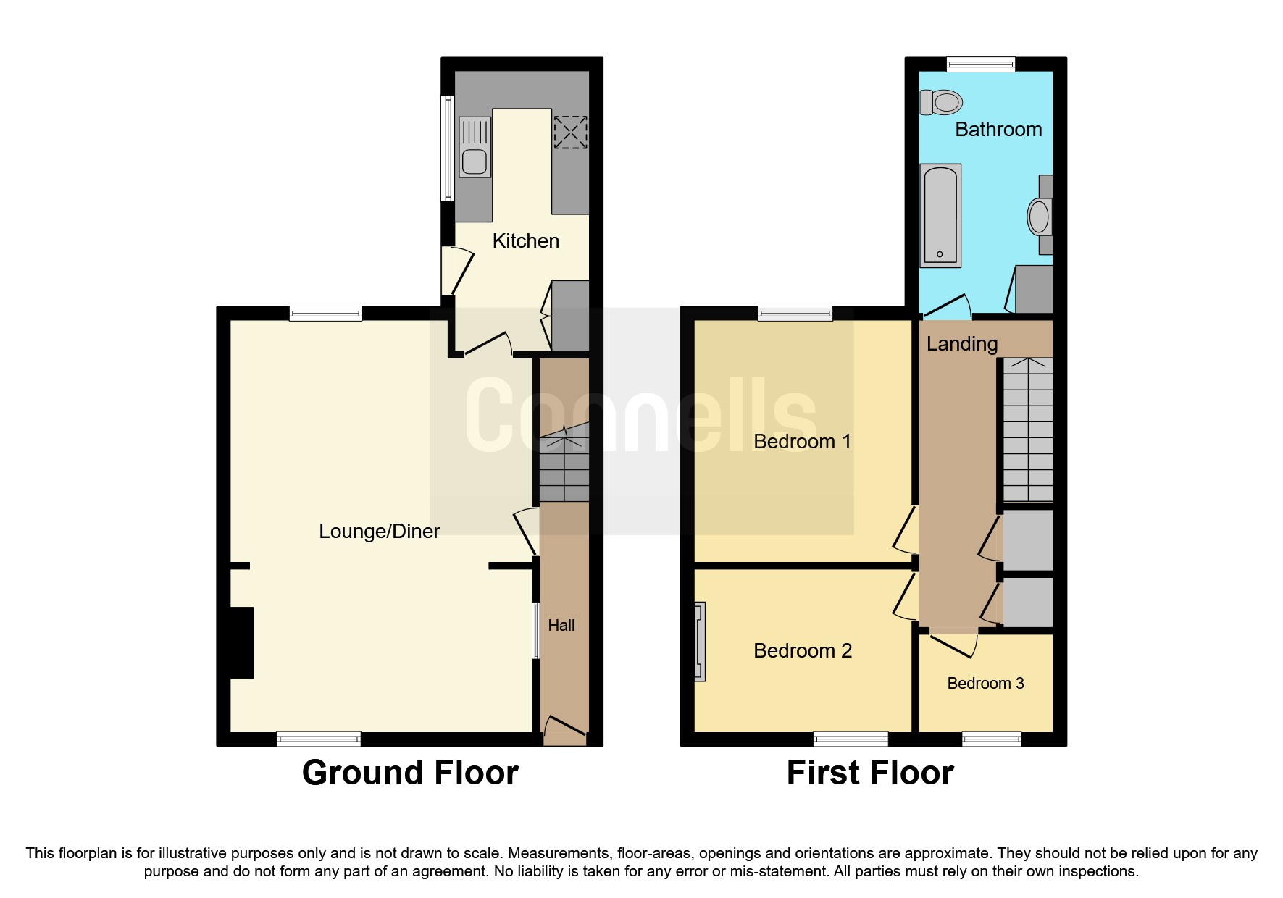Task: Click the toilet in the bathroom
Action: coord(941,102)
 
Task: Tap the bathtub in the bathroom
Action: coord(940,215)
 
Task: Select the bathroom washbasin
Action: coord(1040,217)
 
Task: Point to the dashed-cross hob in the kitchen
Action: coord(570,133)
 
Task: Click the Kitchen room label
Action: coord(525,241)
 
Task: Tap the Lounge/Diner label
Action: coord(379,532)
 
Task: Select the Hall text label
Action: coord(561,626)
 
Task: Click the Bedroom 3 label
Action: coord(985,684)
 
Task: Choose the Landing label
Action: coord(961,344)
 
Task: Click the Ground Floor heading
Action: coord(410,773)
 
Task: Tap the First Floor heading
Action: coord(869,773)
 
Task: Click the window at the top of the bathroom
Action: coord(980,65)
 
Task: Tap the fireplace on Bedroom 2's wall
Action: coord(699,642)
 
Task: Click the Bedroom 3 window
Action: coord(991,739)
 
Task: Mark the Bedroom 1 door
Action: coord(906,529)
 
